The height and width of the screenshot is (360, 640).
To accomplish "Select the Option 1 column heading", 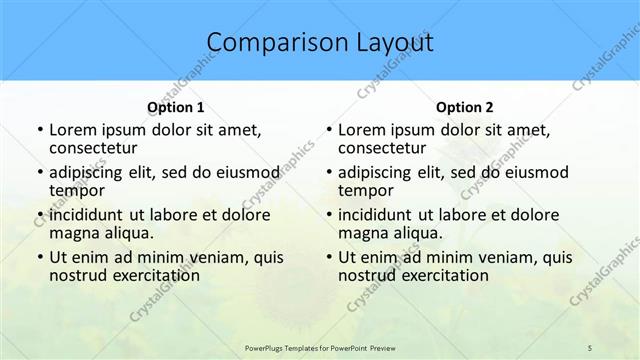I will click(x=175, y=107).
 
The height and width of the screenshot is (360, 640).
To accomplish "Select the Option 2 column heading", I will click(x=464, y=107).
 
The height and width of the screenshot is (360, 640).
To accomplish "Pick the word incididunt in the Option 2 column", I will click(x=376, y=214).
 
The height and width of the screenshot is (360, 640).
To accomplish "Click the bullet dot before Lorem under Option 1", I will click(x=39, y=130).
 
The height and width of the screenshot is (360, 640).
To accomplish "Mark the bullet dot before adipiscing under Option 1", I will click(x=39, y=173).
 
